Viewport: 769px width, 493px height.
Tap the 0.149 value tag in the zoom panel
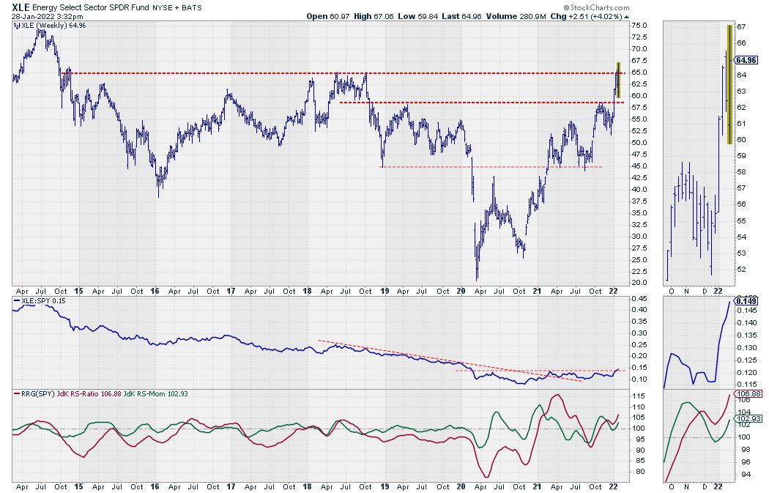pyautogui.click(x=746, y=300)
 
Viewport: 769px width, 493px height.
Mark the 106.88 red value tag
pyautogui.click(x=746, y=393)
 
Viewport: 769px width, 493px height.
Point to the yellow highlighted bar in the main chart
pyautogui.click(x=619, y=81)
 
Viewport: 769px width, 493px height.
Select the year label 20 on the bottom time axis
pyautogui.click(x=461, y=290)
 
